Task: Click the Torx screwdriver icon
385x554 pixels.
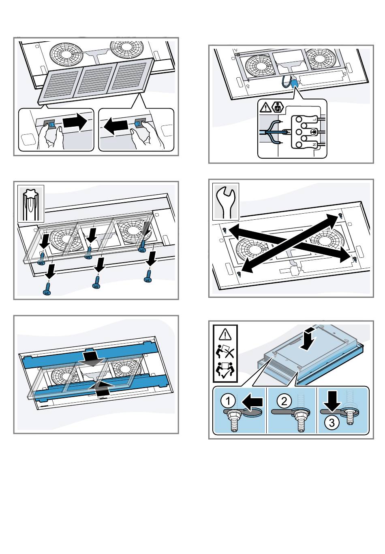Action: coord(30,204)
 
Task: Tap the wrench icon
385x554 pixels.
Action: coord(226,201)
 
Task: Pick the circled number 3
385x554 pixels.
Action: coord(332,423)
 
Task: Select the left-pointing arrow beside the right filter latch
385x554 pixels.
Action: coord(116,127)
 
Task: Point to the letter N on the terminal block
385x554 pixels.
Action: coord(314,144)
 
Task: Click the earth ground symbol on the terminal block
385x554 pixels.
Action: coord(312,132)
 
